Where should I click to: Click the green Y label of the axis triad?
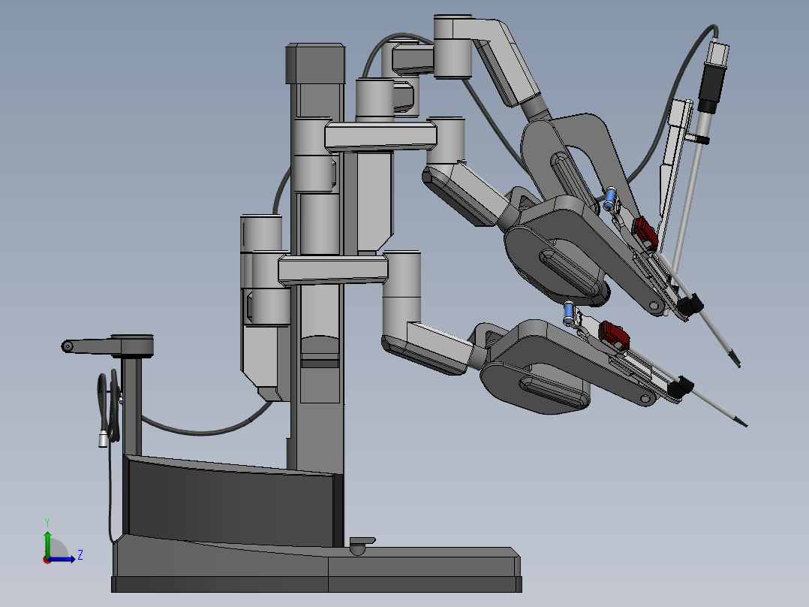(47, 521)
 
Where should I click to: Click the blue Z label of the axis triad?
(80, 555)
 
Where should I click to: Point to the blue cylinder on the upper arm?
(610, 199)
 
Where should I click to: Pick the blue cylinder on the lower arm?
(570, 312)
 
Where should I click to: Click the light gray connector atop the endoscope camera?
(718, 54)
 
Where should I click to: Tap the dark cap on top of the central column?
(314, 64)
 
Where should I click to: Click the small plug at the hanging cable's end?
(103, 439)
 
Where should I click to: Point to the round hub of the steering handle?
(133, 345)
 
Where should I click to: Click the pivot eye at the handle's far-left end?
(68, 346)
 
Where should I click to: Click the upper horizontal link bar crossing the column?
(380, 136)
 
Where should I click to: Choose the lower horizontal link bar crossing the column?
(333, 268)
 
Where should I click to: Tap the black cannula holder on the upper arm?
(691, 303)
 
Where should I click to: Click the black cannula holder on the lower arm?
(680, 386)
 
